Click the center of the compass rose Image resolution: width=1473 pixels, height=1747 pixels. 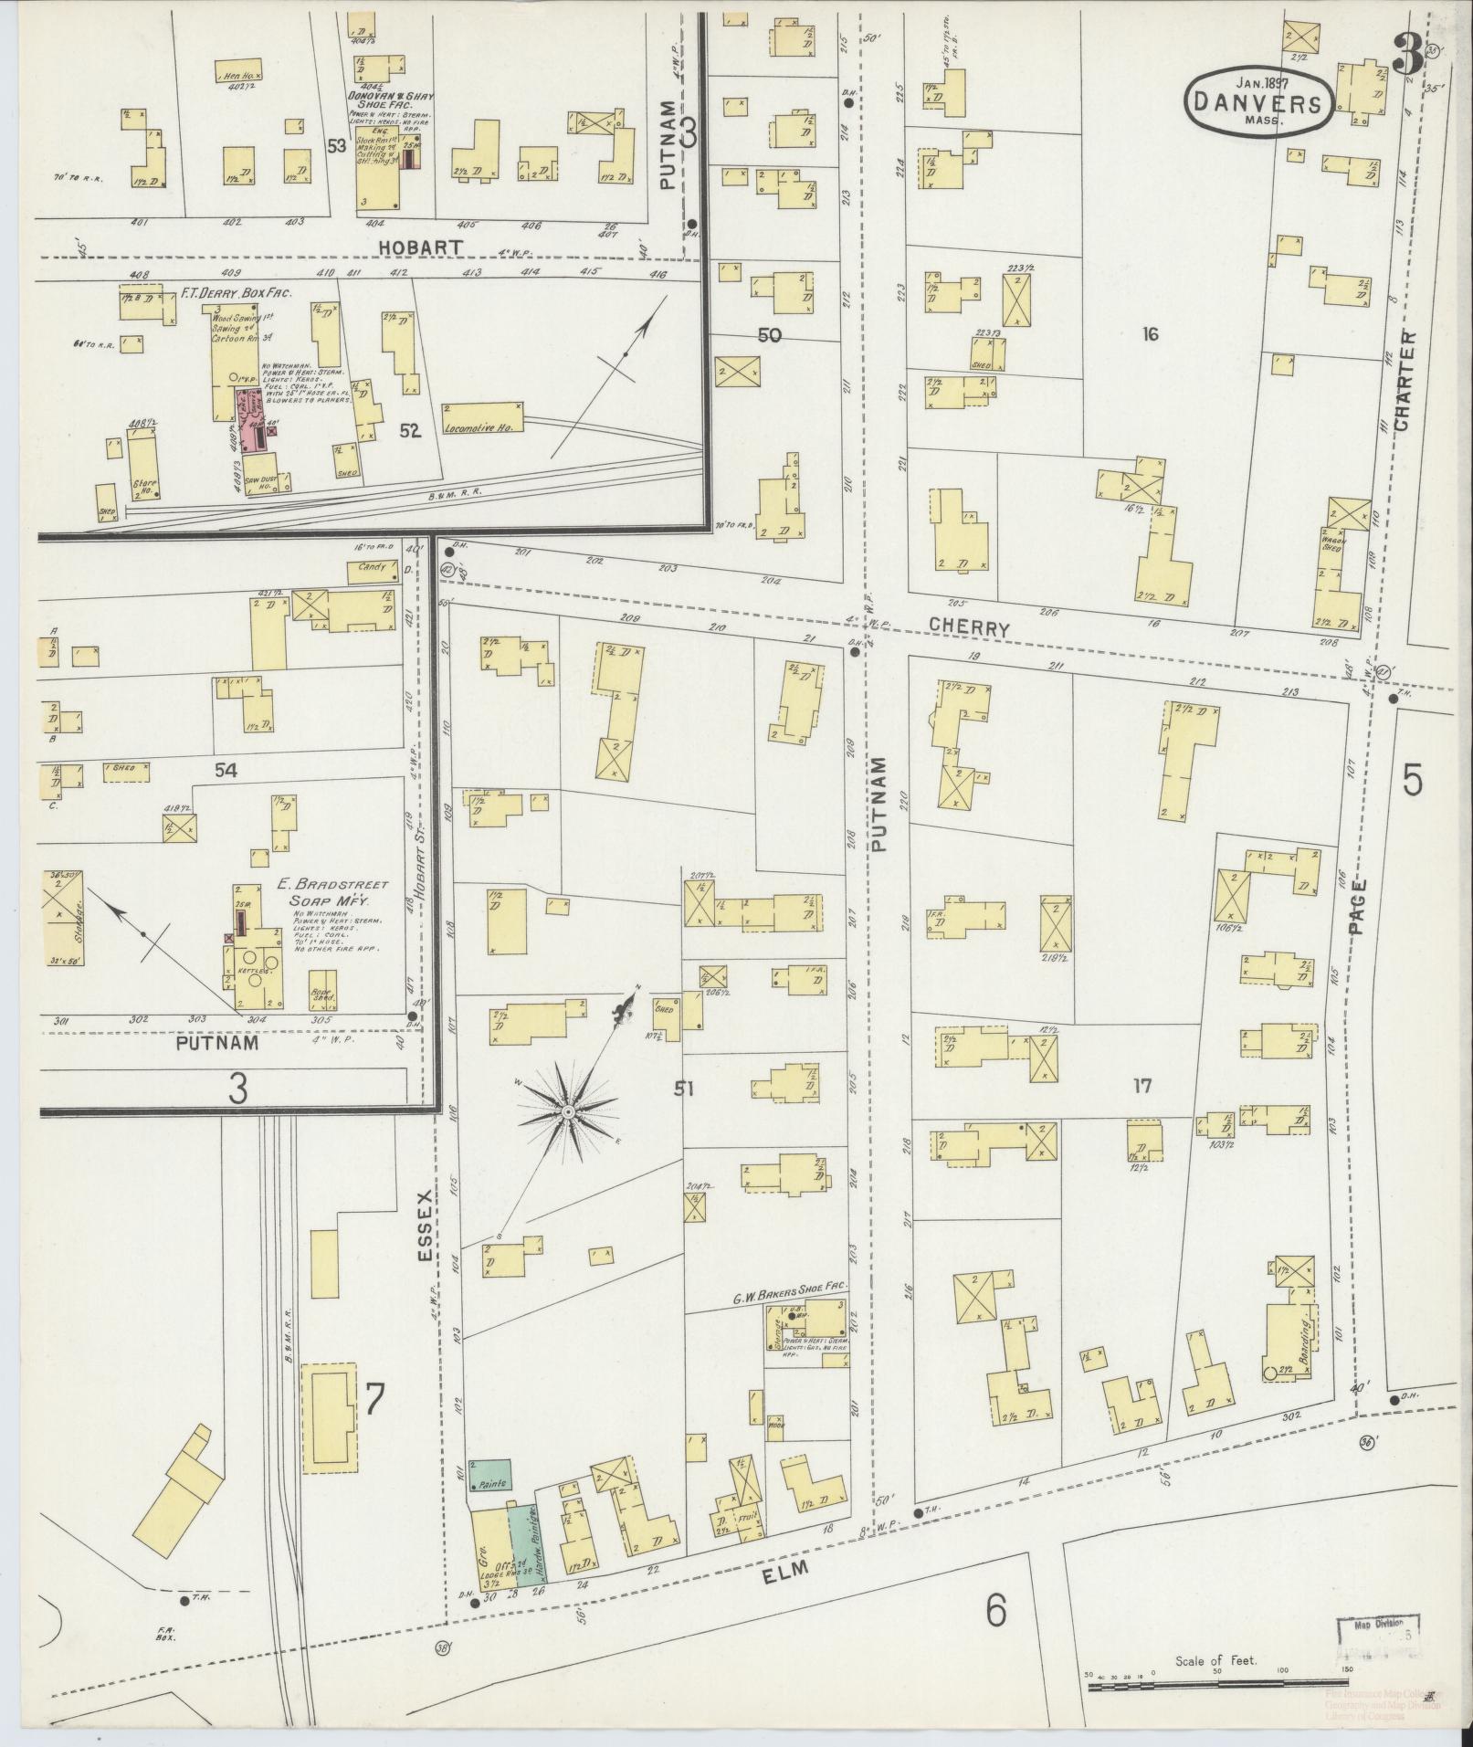point(567,1111)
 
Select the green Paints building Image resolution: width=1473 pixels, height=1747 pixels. point(490,1475)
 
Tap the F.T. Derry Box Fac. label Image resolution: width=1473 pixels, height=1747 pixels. point(241,297)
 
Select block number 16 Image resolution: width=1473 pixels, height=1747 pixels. point(1149,335)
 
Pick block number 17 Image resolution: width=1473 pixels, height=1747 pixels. point(1142,1086)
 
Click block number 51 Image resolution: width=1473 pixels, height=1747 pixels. point(685,1087)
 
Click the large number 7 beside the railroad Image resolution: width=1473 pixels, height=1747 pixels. point(373,1399)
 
